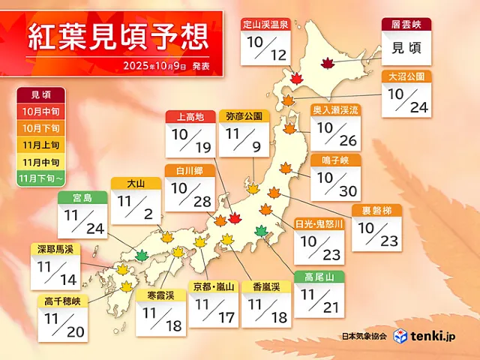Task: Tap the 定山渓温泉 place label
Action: coord(265,25)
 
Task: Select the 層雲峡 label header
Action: coord(407,25)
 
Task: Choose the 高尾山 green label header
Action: coord(319,277)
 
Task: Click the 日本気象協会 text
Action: coord(363,337)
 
